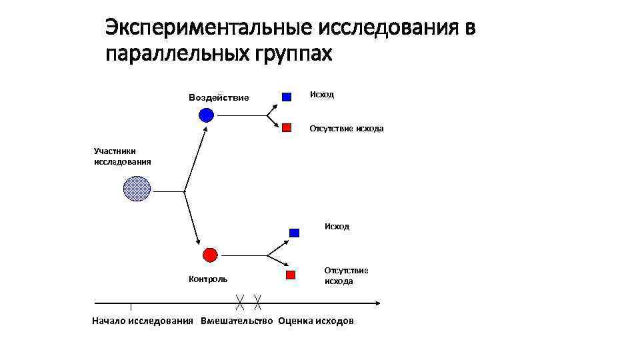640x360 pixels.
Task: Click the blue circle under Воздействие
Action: tap(207, 115)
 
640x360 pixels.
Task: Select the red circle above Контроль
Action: tap(209, 255)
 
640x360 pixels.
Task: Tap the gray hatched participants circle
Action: tap(137, 189)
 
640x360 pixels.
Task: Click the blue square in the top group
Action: tap(287, 97)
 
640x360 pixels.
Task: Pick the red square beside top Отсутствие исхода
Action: tap(287, 127)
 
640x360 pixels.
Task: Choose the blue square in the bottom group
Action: tap(294, 233)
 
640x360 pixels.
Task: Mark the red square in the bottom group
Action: tap(290, 275)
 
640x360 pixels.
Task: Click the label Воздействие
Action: tap(219, 98)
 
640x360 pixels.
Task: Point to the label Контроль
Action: tap(208, 279)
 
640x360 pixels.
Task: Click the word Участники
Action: tap(115, 151)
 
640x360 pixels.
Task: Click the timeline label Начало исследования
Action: tap(143, 321)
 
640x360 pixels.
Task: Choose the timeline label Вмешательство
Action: tap(237, 321)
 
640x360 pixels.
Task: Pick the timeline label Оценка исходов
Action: tap(316, 321)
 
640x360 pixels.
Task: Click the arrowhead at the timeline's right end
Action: tap(377, 303)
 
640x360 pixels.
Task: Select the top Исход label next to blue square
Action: tap(322, 95)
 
